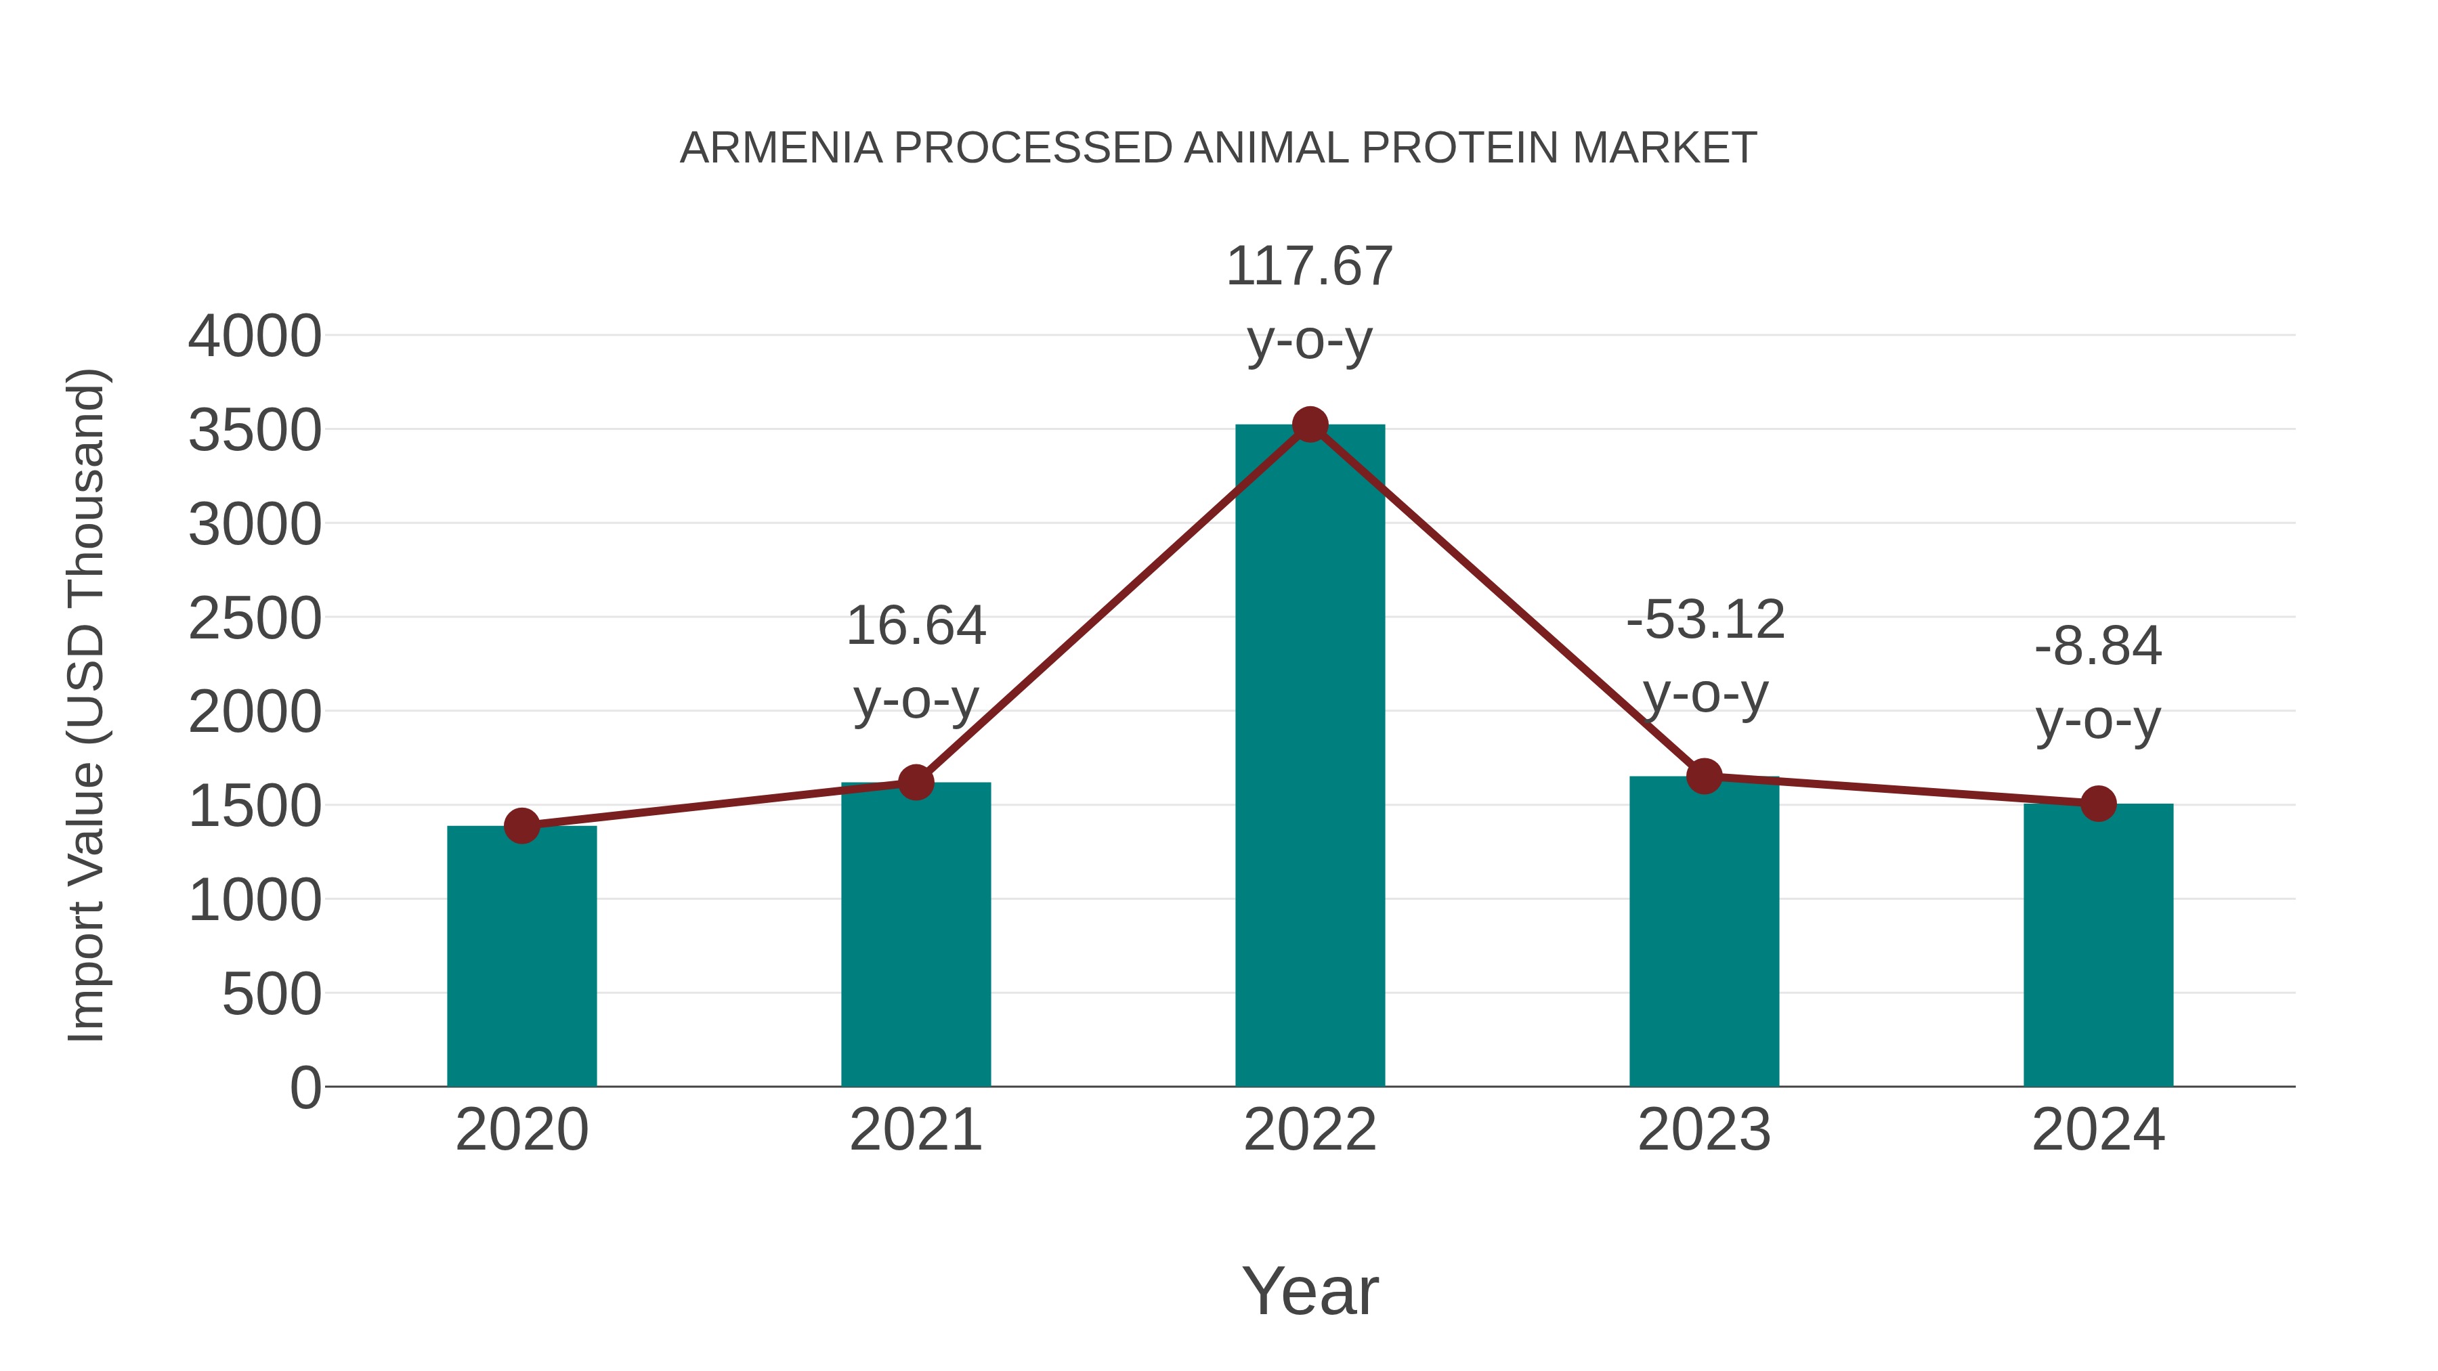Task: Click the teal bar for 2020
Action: click(x=521, y=955)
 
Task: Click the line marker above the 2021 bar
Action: click(x=915, y=783)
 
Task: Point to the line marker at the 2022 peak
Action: click(x=1310, y=425)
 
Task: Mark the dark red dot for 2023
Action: click(x=1705, y=776)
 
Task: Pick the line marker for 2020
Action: click(x=521, y=826)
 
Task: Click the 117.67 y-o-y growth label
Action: click(x=1309, y=266)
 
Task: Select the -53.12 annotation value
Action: click(x=1705, y=621)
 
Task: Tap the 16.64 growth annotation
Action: click(x=915, y=626)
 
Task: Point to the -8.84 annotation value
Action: click(x=2098, y=647)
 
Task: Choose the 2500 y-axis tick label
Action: click(x=255, y=619)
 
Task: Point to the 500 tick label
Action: click(x=272, y=995)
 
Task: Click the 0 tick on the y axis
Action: click(x=305, y=1088)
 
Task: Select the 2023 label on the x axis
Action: click(x=1704, y=1130)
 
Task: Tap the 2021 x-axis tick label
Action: click(x=915, y=1130)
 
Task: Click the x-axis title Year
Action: click(x=1310, y=1292)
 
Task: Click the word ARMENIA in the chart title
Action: click(x=781, y=148)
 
